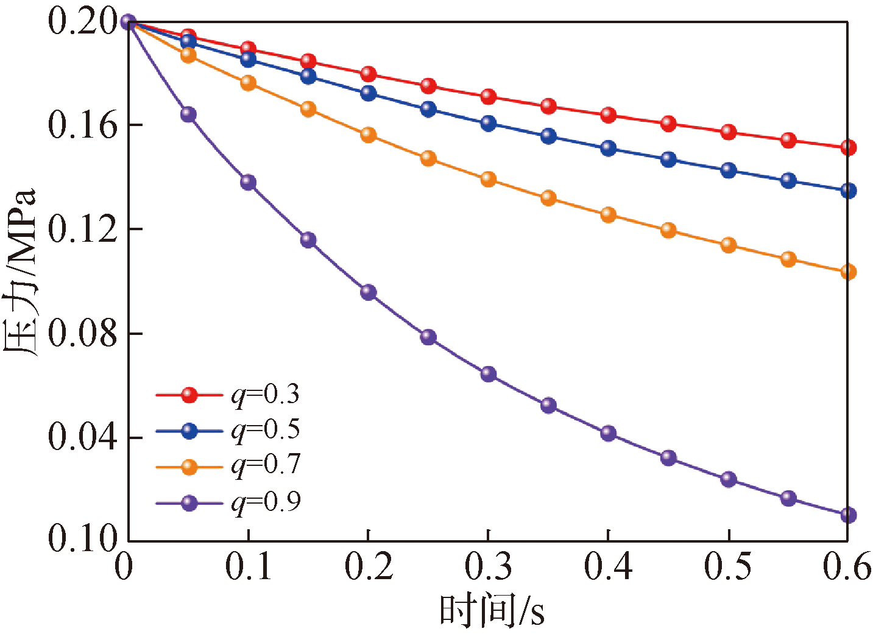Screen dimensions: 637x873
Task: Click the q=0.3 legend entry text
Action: (x=266, y=395)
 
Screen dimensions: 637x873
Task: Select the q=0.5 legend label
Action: (x=266, y=431)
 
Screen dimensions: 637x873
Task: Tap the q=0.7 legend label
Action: (x=266, y=466)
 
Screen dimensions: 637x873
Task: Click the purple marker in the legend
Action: (x=189, y=503)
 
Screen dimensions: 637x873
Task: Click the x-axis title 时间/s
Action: (x=492, y=611)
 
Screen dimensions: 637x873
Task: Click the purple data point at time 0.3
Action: (x=489, y=374)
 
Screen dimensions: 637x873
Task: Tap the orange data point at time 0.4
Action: (x=609, y=214)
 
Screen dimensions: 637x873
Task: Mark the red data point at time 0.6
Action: (x=848, y=147)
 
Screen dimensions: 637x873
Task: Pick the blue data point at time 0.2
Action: (x=369, y=93)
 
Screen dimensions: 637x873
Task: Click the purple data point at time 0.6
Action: (x=848, y=515)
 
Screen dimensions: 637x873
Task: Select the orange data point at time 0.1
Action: (x=249, y=83)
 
